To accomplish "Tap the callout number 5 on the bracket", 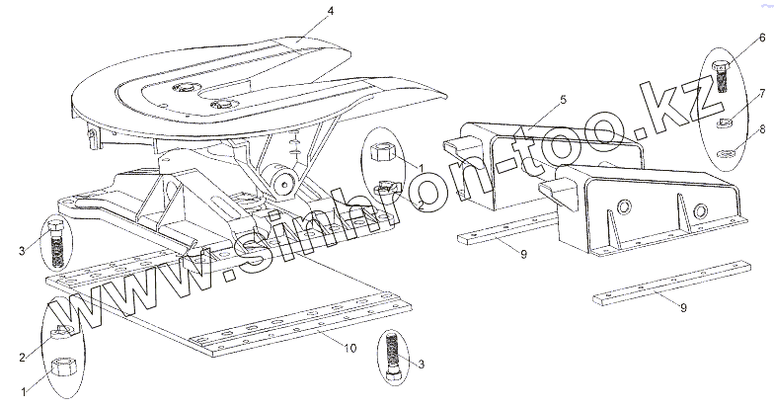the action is [x=561, y=101].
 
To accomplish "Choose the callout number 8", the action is [x=762, y=127].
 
